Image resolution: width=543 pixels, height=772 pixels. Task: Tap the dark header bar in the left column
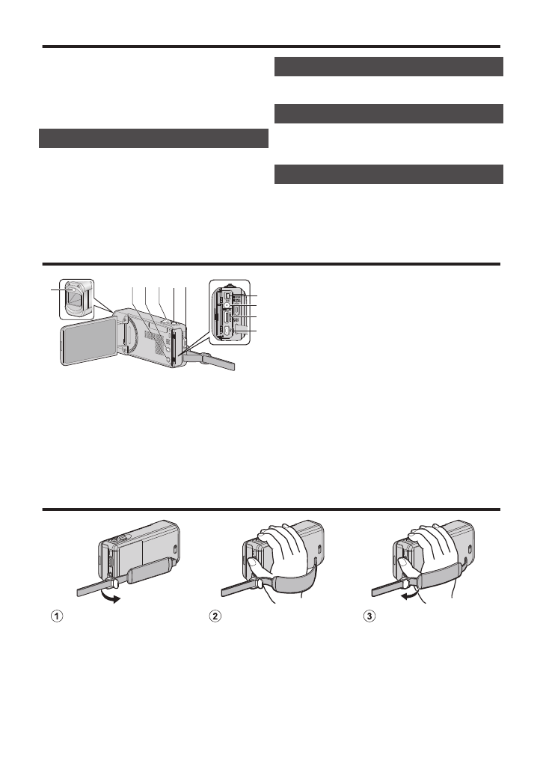point(153,139)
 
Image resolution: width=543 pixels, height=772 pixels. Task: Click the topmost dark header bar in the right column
point(388,67)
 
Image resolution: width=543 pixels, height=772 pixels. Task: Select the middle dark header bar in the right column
point(388,114)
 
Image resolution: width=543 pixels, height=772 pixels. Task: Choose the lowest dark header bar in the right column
point(388,174)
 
